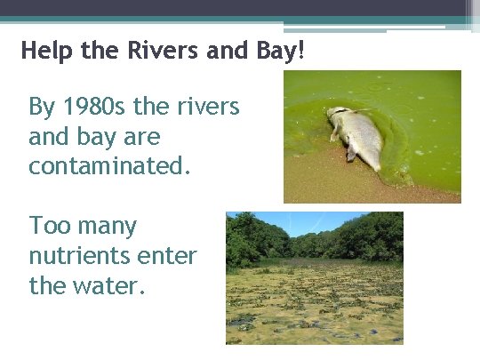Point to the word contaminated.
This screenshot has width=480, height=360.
(x=109, y=166)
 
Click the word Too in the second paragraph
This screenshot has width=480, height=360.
(x=49, y=226)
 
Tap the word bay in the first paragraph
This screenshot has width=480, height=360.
(x=100, y=138)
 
